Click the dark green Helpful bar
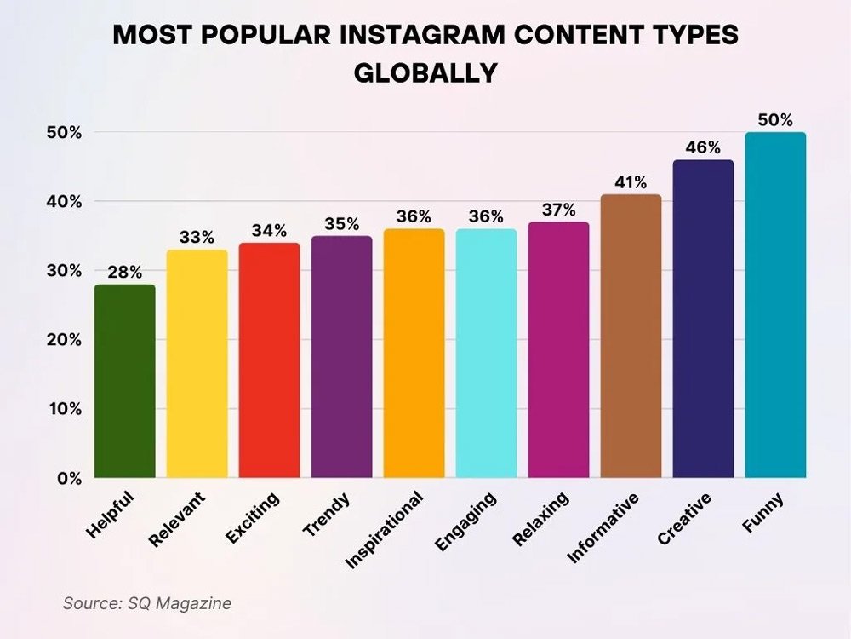124,382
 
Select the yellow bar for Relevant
197,364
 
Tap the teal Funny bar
775,305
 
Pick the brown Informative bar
631,337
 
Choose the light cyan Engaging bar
486,354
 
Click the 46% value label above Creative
703,147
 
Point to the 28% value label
124,272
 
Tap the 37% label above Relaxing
558,210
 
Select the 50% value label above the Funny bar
775,119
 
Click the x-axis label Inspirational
385,529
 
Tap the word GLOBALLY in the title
425,73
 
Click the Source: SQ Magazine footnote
147,603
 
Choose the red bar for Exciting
269,360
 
